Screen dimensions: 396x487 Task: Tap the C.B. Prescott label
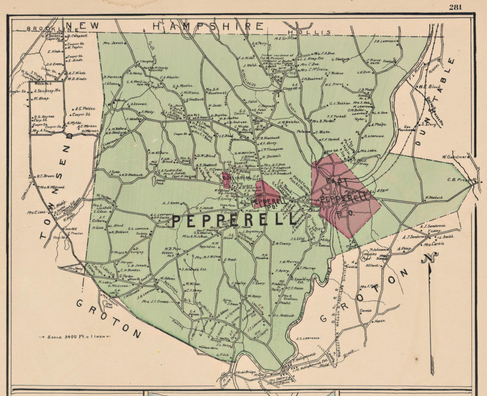click(458, 180)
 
